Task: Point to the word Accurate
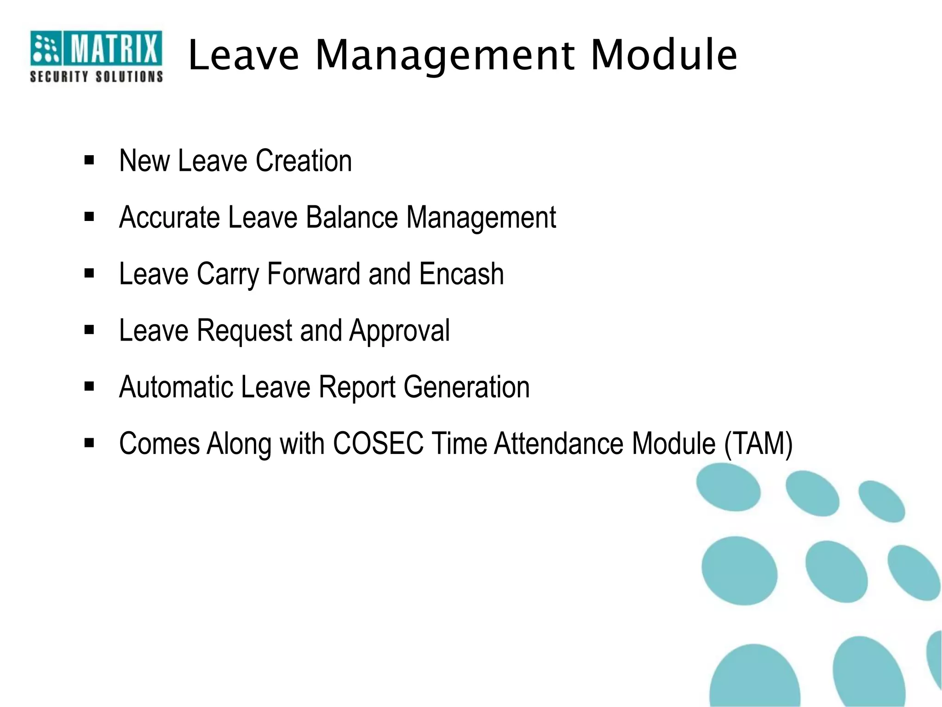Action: coord(169,217)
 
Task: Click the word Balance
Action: coord(351,217)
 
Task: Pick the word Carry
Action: coord(228,275)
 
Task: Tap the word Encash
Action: coord(461,274)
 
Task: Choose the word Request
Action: coord(245,331)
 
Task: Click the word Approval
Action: coord(399,331)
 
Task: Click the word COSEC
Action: coord(378,444)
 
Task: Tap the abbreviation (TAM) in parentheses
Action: coord(758,444)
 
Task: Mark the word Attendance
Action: coord(558,444)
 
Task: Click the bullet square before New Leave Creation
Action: coord(89,161)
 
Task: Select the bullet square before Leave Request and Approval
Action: coord(89,330)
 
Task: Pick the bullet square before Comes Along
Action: coord(89,443)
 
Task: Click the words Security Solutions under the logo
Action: coord(96,77)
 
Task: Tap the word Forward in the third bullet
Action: coord(313,274)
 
